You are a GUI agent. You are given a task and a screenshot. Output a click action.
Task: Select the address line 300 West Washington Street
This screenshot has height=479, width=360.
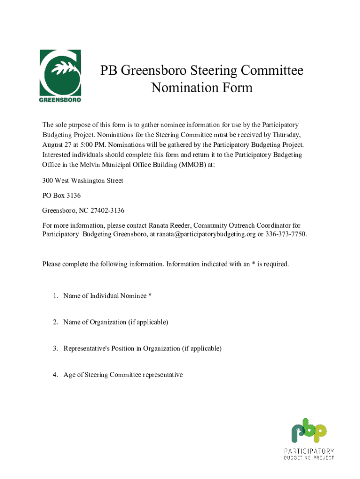point(83,181)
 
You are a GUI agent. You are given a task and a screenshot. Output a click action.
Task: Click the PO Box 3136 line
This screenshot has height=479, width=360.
point(58,196)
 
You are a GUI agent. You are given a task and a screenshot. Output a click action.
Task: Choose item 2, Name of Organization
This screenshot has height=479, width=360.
point(115,322)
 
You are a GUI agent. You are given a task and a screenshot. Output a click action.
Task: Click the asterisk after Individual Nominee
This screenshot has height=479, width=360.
point(150,296)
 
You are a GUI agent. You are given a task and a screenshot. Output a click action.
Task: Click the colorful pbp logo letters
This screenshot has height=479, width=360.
point(309,430)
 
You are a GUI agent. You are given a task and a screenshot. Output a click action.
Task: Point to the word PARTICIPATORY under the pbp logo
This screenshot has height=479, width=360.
point(309,451)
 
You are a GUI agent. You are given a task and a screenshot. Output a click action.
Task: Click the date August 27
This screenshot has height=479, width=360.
point(58,145)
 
